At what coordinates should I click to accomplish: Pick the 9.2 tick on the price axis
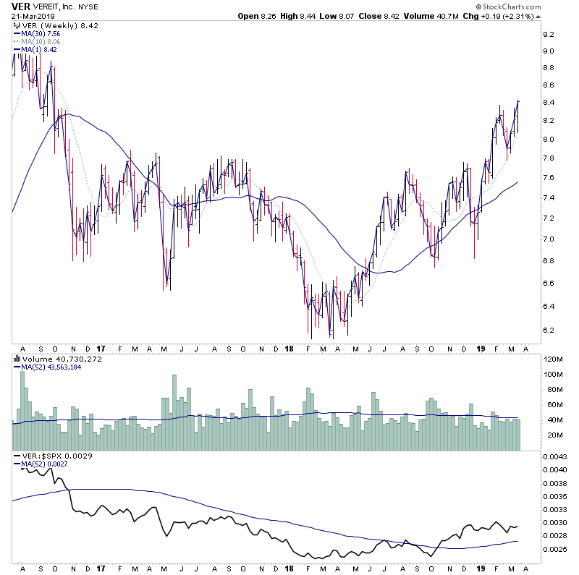[548, 34]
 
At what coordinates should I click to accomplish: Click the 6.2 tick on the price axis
[548, 331]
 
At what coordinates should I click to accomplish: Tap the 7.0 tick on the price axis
[548, 239]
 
